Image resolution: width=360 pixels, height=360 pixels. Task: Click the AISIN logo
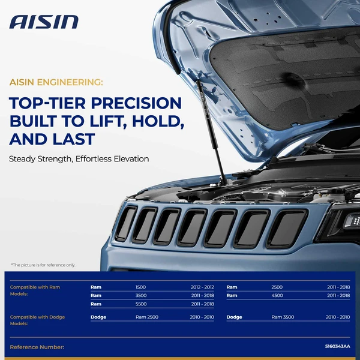[44, 22]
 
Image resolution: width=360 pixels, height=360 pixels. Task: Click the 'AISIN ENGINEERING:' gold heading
[56, 81]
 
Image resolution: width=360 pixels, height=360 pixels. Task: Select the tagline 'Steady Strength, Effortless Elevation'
[79, 159]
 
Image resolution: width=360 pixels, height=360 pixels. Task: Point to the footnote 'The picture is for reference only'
[43, 265]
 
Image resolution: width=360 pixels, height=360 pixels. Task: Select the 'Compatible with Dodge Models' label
[37, 320]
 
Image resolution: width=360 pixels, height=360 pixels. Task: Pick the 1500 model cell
[141, 287]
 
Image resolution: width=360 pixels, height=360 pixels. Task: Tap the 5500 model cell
[141, 304]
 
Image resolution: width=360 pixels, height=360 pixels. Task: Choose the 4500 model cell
[277, 296]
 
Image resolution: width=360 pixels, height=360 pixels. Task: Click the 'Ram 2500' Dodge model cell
[147, 317]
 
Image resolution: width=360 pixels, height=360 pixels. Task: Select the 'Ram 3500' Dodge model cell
[283, 317]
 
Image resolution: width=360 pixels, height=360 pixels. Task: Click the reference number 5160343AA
[337, 347]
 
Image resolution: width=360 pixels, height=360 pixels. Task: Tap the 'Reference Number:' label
[37, 347]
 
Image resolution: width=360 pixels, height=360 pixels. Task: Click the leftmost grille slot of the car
[126, 223]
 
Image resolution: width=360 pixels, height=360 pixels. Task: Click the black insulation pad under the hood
[288, 78]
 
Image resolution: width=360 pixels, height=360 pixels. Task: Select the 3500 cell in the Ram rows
[141, 296]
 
